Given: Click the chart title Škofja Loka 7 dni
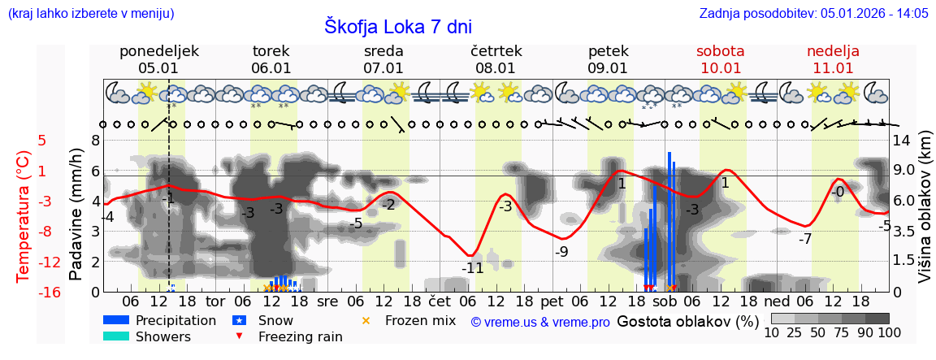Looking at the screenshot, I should point(397,27).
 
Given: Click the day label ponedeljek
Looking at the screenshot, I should point(158,51).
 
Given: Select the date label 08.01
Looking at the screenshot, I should point(496,68).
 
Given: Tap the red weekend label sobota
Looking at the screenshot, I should point(720,51).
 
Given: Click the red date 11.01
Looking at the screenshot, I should point(833,68).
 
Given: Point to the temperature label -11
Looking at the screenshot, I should point(472,267).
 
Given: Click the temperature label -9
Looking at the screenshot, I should point(561,252).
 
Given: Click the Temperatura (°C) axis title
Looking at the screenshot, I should point(24,215).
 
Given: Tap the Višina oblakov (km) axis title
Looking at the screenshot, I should point(925,215).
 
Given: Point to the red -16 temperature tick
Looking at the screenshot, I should point(49,293).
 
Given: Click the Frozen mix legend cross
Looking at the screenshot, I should point(366,320).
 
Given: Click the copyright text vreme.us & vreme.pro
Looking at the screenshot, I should point(540,323).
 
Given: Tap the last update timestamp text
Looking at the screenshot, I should point(813,13).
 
